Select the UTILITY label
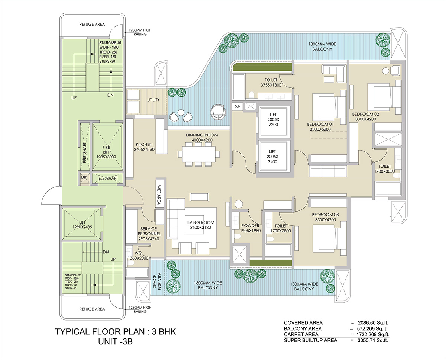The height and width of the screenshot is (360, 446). point(153,100)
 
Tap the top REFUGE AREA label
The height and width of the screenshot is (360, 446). point(92,25)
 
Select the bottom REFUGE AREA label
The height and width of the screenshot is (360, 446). point(92,309)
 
